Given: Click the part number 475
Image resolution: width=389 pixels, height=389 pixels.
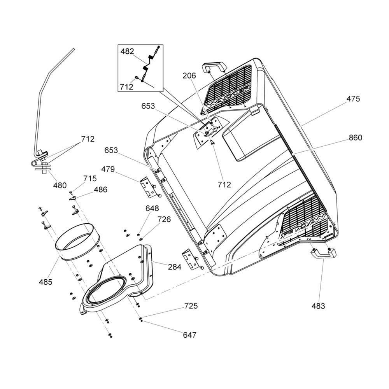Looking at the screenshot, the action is pos(353,99).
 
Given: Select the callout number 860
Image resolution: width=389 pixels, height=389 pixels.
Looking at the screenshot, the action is pos(356,138).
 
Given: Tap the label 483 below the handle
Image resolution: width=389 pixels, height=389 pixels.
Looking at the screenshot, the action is pos(318,306).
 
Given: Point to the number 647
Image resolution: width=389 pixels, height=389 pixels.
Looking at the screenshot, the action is pos(190,335).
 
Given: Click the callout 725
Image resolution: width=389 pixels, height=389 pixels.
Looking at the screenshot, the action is pos(191,306).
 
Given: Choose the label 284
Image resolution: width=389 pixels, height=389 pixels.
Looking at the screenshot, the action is pos(175,267).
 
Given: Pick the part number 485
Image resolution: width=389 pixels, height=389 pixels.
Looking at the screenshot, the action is pos(46,282).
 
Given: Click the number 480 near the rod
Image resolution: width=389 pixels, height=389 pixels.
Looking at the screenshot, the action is pos(60,185).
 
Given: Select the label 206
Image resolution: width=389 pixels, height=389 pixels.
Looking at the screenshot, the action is pos(189,76).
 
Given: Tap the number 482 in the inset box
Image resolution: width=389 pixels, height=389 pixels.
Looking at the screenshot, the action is pos(127,51).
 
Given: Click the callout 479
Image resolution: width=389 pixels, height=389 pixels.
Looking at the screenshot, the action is pos(108,169).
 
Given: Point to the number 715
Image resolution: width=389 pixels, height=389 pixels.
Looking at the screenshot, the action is pos(90,179).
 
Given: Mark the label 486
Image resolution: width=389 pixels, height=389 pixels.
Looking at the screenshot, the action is pos(100,190).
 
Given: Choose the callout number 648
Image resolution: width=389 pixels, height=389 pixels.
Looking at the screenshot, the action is pos(152,209).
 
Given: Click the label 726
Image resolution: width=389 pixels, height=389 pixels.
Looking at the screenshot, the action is pos(164,219).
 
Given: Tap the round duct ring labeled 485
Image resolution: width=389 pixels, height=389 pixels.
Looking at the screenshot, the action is pos(77,242).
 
